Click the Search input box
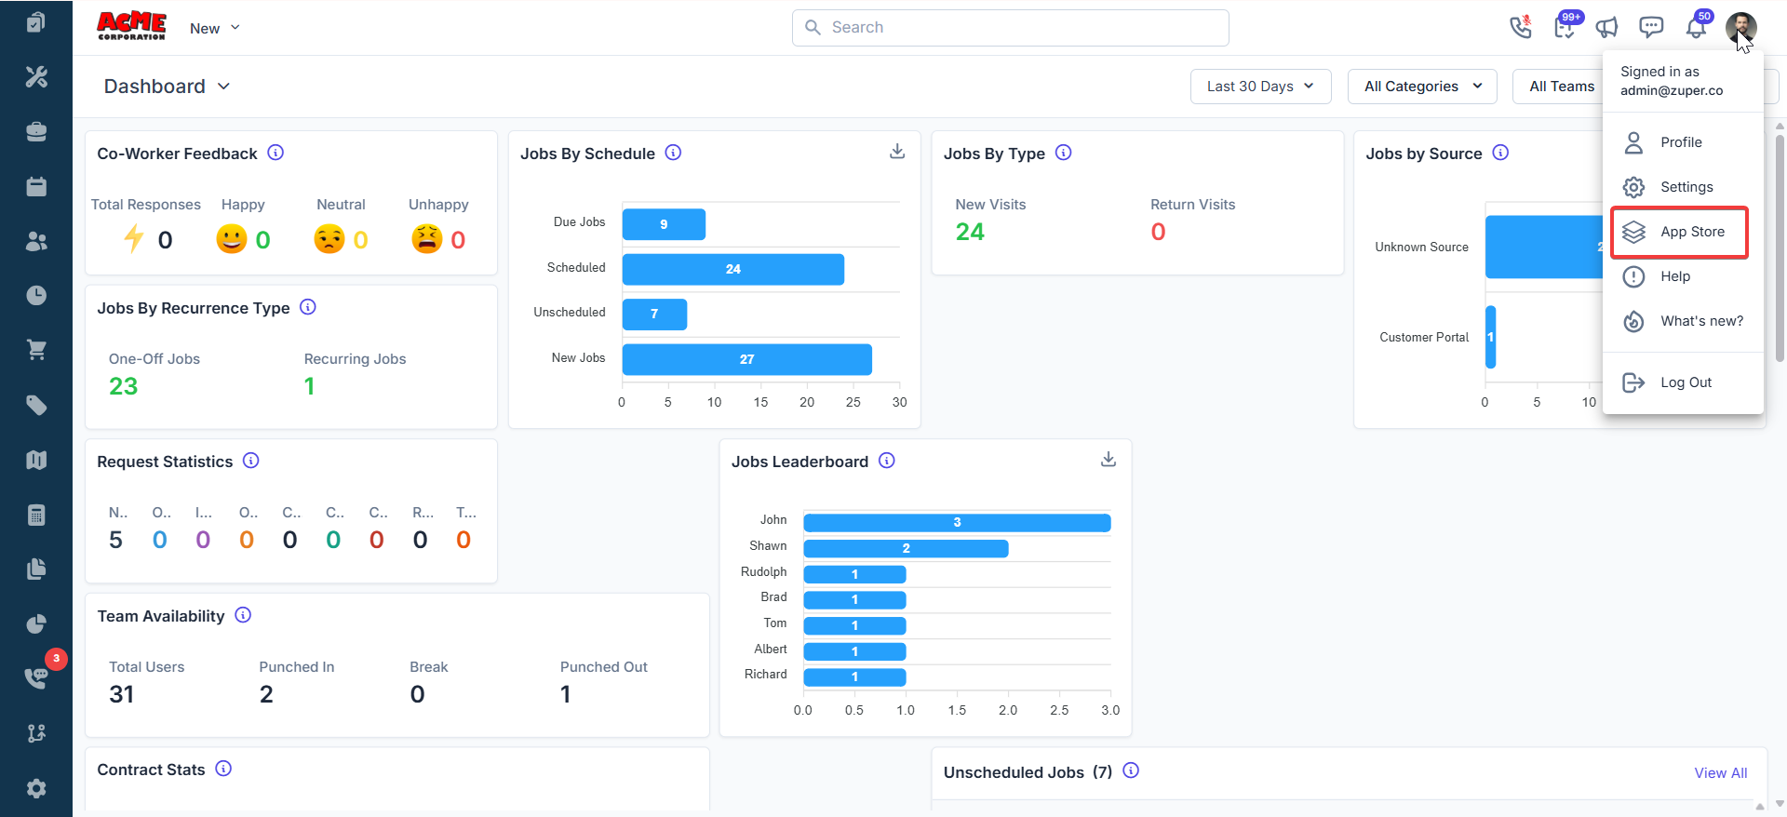pos(1011,28)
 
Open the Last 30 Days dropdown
pos(1260,87)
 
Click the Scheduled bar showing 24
pos(733,269)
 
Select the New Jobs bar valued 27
pos(746,359)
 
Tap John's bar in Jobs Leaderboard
pos(957,522)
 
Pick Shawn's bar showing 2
pos(906,548)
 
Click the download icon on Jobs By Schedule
pos(897,152)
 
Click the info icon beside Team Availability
pos(243,615)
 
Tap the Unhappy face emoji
pos(427,239)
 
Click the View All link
pos(1720,773)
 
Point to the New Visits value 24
pos(970,232)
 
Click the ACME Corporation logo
pos(131,26)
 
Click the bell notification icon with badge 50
pos(1697,28)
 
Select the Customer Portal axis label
pos(1423,337)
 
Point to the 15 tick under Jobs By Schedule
pos(760,402)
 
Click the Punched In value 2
pos(266,694)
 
